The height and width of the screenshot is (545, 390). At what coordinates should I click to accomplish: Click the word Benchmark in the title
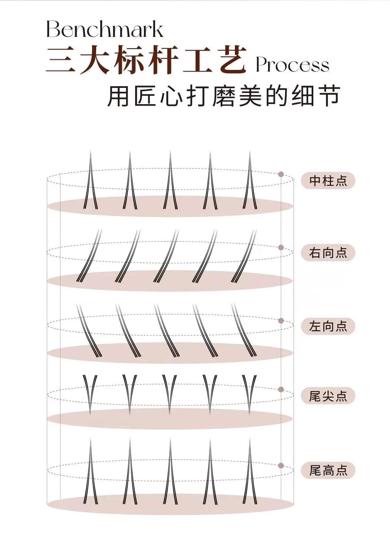click(x=105, y=29)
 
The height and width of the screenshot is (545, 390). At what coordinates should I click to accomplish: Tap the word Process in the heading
click(x=292, y=65)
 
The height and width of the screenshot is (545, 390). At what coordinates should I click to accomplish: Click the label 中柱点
click(x=328, y=181)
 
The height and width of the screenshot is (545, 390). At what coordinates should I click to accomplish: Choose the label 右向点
click(x=328, y=253)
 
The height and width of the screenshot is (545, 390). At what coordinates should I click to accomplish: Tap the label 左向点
click(x=328, y=326)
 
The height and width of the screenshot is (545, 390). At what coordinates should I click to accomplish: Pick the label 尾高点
click(x=328, y=470)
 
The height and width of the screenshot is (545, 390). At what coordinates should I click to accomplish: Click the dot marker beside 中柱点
click(x=281, y=174)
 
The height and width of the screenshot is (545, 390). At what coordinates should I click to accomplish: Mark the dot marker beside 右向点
click(x=281, y=248)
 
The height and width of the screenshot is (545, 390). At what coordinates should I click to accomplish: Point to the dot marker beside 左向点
click(x=281, y=320)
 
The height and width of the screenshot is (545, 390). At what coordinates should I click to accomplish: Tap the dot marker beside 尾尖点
click(x=281, y=389)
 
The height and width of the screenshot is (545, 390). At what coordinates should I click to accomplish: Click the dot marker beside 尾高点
click(x=281, y=466)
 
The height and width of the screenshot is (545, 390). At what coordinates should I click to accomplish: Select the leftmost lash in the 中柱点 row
click(x=91, y=182)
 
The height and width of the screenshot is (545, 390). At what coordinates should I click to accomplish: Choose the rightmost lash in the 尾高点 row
click(x=250, y=472)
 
